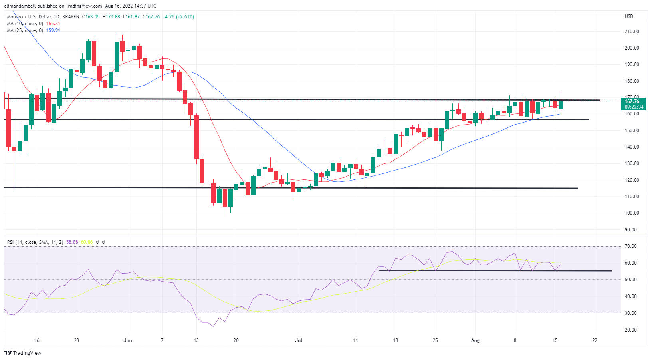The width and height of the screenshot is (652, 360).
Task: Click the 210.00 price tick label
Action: pos(632,32)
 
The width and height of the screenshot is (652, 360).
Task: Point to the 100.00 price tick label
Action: pos(632,213)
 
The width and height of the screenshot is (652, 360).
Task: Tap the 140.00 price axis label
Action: pos(632,147)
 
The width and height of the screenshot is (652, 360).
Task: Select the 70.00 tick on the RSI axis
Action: pos(631,246)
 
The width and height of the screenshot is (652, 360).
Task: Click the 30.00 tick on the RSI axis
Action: pos(631,313)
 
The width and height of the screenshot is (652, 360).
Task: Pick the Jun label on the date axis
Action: pos(128,340)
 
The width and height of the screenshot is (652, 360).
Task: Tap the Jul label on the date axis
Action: pos(299,340)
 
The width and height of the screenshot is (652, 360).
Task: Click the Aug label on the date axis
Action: pos(475,340)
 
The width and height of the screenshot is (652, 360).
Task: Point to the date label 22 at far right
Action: pos(595,340)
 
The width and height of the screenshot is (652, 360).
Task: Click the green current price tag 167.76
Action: pos(634,101)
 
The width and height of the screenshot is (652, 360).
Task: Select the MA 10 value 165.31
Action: pos(54,24)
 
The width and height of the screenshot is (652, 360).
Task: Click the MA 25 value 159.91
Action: pos(54,30)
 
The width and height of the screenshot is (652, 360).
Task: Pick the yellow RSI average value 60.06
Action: pos(87,242)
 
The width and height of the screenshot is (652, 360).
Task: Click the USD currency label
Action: pos(629,16)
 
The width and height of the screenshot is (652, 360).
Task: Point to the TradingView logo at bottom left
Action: pos(23,353)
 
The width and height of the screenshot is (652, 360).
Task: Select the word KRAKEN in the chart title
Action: pos(71,17)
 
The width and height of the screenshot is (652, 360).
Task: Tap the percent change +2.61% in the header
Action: pos(185,17)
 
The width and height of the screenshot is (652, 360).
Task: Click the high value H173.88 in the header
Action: pos(111,17)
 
